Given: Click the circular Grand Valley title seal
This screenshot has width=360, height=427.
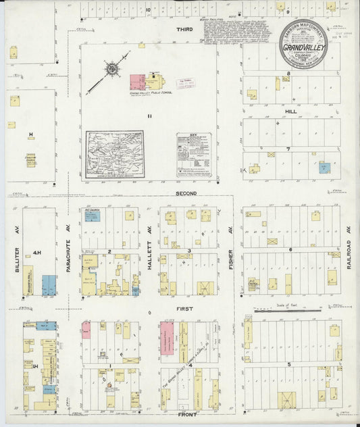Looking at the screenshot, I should point(304,42).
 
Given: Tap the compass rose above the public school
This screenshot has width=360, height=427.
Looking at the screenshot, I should point(112,68).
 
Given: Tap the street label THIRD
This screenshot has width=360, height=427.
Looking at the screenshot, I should point(185,30).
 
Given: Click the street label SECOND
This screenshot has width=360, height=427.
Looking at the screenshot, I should point(186,193).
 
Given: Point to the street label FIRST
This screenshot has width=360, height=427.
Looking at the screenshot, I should point(185,308).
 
